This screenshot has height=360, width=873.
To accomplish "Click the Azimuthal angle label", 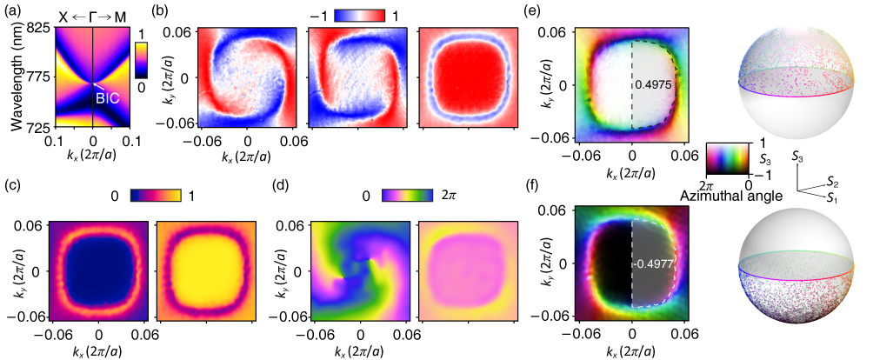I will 732,198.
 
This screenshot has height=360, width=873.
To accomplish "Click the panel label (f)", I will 550,183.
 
